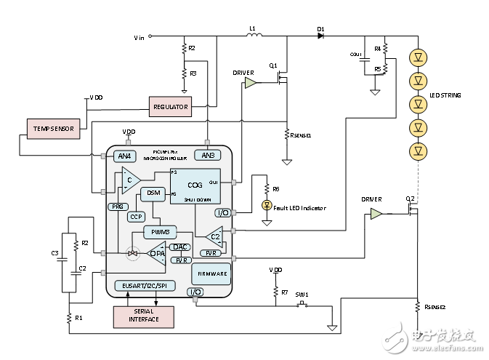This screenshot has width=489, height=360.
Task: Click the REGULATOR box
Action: pos(170,107)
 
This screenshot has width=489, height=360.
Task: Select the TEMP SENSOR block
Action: pos(54,129)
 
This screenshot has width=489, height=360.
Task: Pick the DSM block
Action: pos(153,193)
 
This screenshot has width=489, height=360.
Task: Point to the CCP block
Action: pos(136,216)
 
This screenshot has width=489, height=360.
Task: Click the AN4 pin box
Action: pos(126,156)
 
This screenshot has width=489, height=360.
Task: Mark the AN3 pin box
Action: pos(208,156)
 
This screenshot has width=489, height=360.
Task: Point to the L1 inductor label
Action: pos(252,29)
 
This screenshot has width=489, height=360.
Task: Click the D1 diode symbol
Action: pos(320,34)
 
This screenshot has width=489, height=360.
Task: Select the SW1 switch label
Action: pos(302,295)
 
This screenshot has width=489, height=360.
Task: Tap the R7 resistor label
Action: pos(284,292)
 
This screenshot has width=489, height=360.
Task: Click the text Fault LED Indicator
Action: pos(299,209)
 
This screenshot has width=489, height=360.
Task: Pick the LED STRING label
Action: pos(445,96)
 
